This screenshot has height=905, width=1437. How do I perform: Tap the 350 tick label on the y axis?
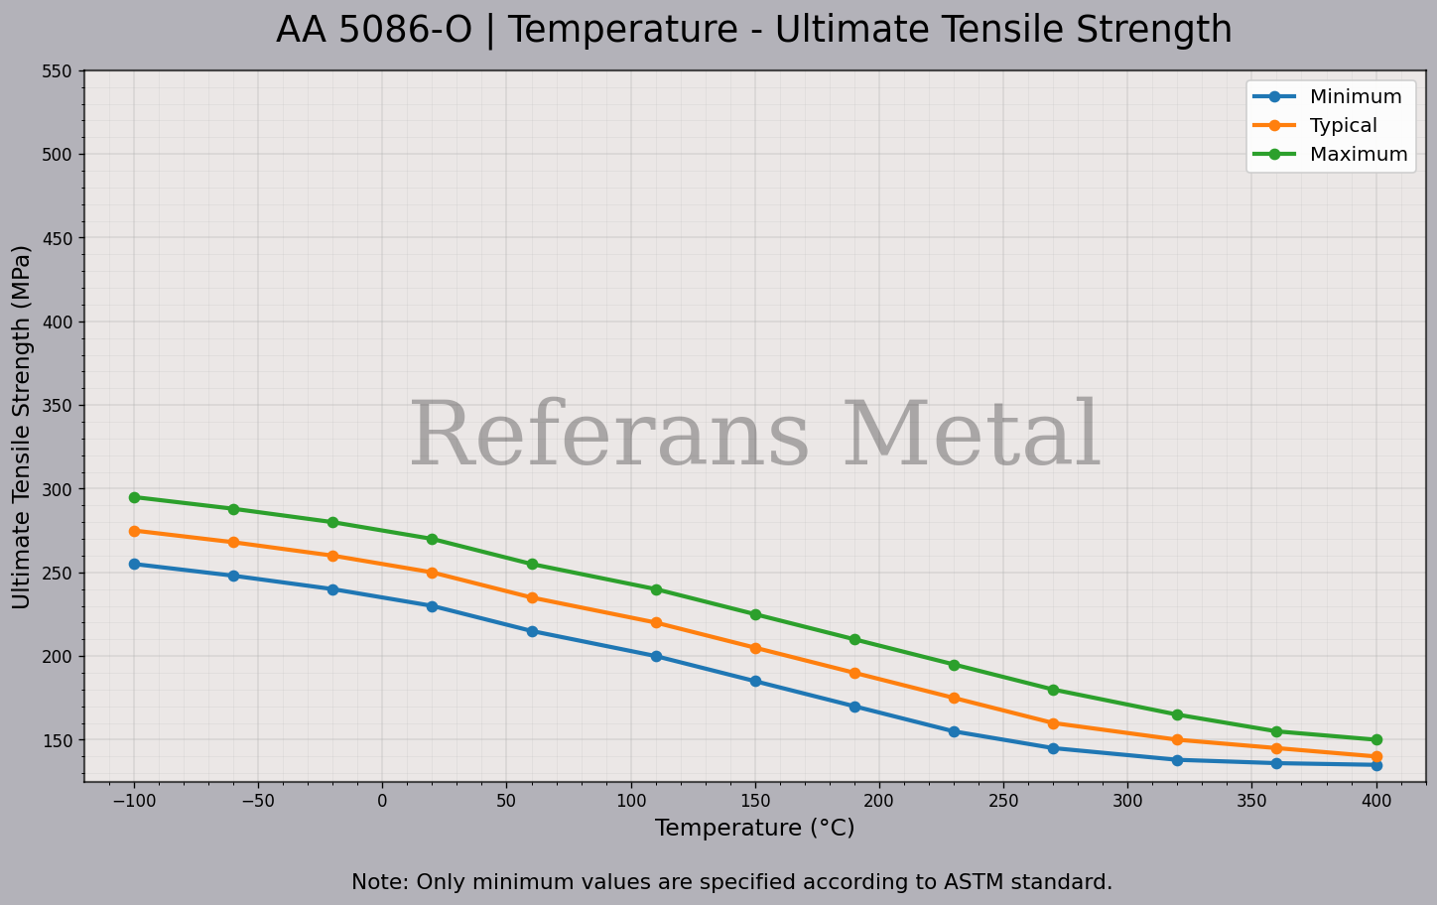click(58, 406)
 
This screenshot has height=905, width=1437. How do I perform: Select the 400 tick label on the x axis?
click(1376, 801)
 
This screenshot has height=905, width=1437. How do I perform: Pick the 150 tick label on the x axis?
click(755, 801)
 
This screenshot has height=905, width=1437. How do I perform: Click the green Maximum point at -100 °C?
click(134, 497)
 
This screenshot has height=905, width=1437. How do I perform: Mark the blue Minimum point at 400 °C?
click(1376, 765)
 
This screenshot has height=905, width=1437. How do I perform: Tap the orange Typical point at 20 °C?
click(432, 573)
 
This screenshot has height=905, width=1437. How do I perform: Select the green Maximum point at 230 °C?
click(954, 665)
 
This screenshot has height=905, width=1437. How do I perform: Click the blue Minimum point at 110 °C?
click(656, 656)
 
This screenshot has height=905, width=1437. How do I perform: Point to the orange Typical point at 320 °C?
click(1177, 739)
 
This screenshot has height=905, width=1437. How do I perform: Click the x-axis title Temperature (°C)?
click(754, 828)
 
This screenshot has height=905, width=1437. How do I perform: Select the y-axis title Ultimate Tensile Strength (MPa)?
click(22, 427)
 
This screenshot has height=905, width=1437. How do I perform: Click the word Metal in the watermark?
click(972, 437)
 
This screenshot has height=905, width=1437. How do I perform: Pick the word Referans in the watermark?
click(609, 437)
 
